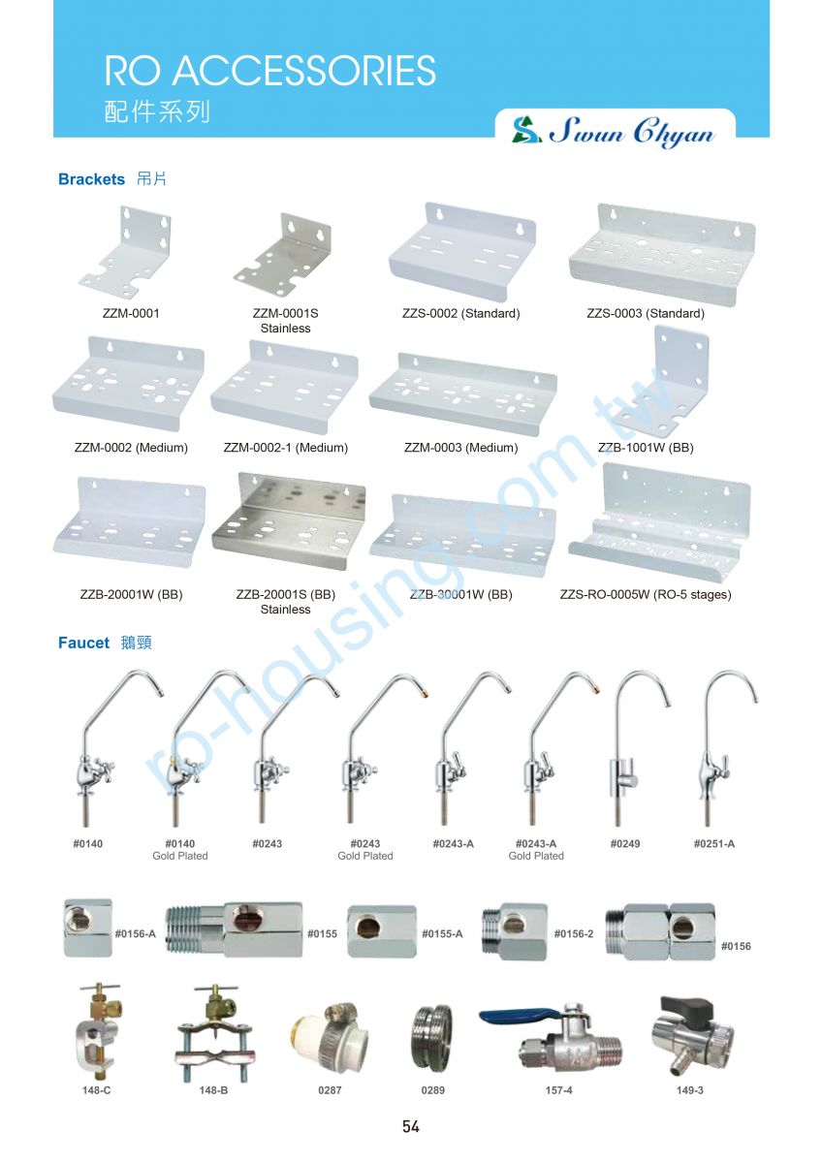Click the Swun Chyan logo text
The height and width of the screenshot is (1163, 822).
click(631, 132)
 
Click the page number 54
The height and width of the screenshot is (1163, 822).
click(410, 1126)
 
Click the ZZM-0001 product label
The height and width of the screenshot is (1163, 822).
click(131, 314)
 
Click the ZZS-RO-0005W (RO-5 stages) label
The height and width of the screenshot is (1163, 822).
click(646, 594)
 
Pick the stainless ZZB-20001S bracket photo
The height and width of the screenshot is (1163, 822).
click(289, 520)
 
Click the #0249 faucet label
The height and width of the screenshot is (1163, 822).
click(624, 844)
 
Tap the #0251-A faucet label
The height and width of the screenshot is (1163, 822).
click(714, 844)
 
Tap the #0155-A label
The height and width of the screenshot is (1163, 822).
click(442, 934)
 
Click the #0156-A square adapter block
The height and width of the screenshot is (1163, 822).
click(88, 928)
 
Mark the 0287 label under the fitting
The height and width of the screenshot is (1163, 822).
click(330, 1090)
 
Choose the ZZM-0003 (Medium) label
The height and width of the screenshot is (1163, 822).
click(461, 448)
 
